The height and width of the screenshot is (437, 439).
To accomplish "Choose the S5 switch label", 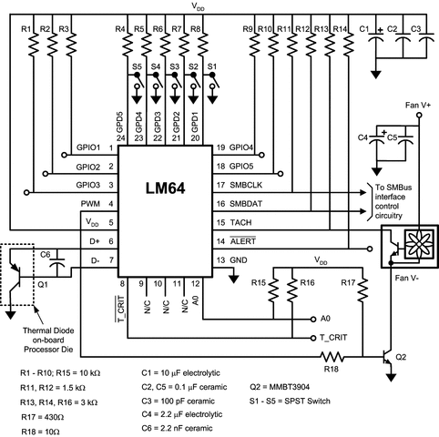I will [136, 68].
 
